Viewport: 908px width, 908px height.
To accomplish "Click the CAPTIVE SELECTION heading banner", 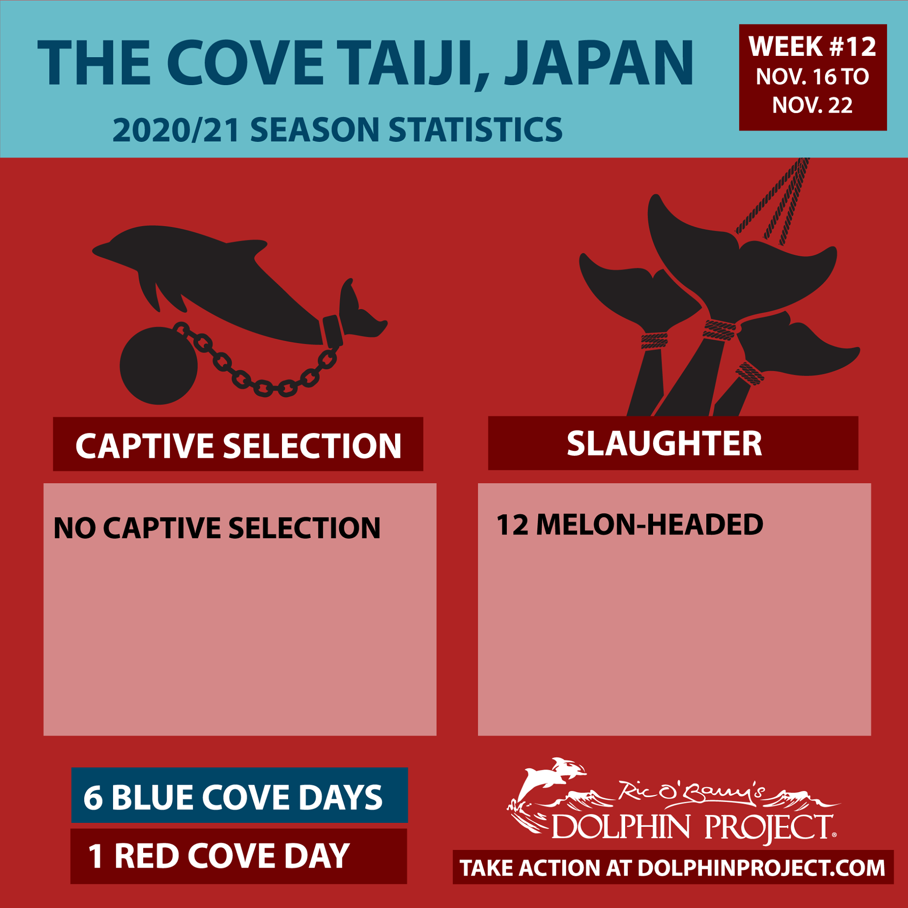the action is tap(238, 444).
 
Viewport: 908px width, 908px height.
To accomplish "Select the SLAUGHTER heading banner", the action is tap(673, 443).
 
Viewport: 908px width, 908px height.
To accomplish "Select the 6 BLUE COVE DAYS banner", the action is tap(239, 795).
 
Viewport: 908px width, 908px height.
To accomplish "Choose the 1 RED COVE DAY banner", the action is tap(239, 856).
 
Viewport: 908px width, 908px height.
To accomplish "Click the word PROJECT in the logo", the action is tap(769, 828).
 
